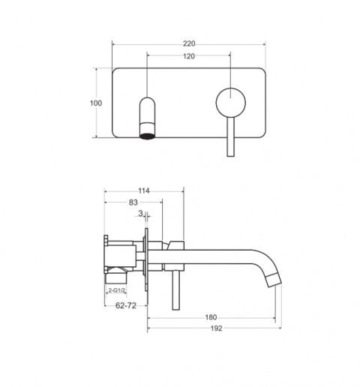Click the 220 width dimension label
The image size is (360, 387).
point(189,43)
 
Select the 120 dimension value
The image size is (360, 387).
point(189,56)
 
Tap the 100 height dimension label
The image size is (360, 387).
point(96,103)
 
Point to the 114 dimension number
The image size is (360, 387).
point(144,190)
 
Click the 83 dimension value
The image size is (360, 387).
point(133,202)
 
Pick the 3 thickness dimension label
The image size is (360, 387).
point(140,213)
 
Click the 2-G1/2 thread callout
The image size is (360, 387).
point(116,290)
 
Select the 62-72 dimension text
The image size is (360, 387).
point(126,305)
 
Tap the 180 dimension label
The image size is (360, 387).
point(211,317)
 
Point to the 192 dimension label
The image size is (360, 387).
point(216,328)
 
